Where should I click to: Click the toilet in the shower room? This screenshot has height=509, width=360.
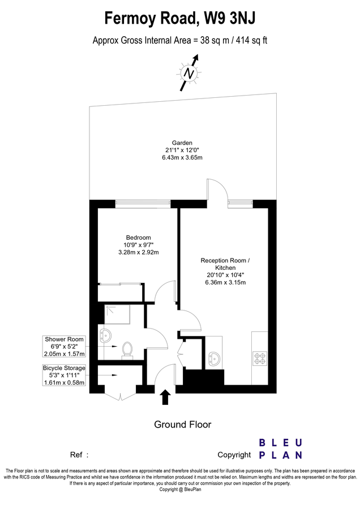pos(127,351)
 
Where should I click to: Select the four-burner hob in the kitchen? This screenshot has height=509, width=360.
pos(260,358)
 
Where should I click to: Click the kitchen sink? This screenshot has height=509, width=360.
pos(214,357)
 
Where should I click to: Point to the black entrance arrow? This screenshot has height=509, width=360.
pos(165,397)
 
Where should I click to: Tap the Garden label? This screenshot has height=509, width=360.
pos(182,143)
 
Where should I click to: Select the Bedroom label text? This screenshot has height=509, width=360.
pos(139,238)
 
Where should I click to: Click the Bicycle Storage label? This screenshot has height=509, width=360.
pos(64,368)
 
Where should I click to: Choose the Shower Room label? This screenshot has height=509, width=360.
pos(64,339)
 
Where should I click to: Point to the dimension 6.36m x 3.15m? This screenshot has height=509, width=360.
pos(225,282)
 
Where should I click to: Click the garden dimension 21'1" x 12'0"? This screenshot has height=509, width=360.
pos(182,150)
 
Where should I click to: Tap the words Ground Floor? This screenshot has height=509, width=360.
pos(183,425)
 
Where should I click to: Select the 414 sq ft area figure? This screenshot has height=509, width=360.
pos(252,41)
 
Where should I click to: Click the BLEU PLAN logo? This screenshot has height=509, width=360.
pos(281,449)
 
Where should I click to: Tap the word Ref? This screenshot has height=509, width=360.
pos(76,455)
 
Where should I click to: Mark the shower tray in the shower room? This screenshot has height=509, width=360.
pos(117,314)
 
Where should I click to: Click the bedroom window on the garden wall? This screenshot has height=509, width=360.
pos(143,204)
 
